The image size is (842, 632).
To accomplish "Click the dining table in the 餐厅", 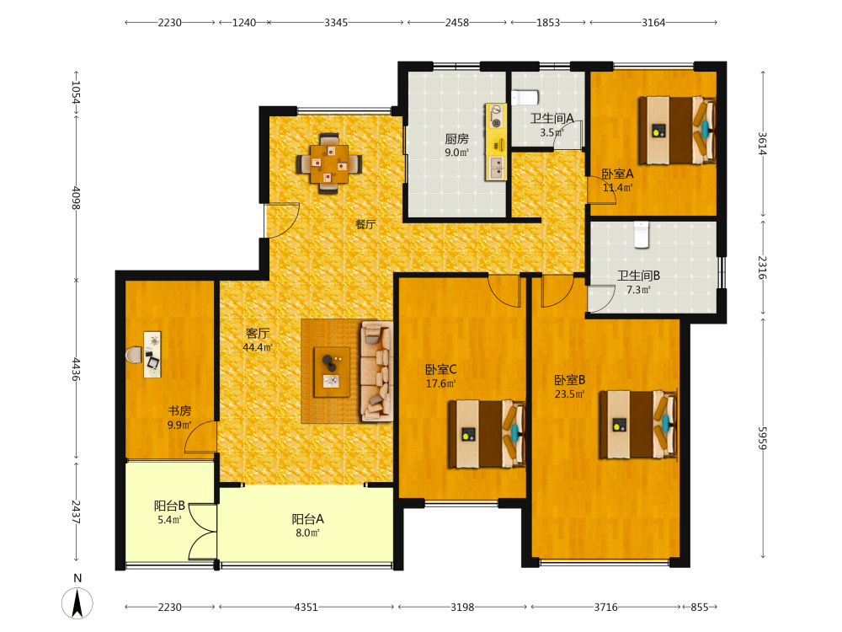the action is point(328,163).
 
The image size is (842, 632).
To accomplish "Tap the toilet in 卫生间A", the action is point(525,98).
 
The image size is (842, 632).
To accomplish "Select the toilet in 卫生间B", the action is point(642,235).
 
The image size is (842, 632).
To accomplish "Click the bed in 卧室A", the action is point(677,131).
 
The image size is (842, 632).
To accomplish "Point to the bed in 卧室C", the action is point(487,434).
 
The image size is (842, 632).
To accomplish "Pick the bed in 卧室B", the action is point(638,425).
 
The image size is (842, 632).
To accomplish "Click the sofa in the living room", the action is point(377,371).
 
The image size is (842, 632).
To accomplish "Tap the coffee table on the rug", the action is point(332,372).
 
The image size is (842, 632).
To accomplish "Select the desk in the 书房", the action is point(152,354).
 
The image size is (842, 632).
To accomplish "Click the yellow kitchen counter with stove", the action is point(496,142).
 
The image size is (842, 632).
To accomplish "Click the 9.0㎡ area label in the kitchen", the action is point(456,153).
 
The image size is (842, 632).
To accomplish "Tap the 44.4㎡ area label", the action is point(258,348).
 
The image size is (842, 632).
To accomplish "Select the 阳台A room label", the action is point(307,518).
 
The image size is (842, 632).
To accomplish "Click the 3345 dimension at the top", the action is point(336,23).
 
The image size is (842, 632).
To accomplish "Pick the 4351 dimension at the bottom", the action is point(306,608).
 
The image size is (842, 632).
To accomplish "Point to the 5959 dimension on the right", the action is point(763,438).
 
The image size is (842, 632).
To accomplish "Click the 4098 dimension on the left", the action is point(76,198).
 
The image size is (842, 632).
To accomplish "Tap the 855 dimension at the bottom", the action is point(699,608).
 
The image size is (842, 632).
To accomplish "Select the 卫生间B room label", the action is point(638,276).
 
